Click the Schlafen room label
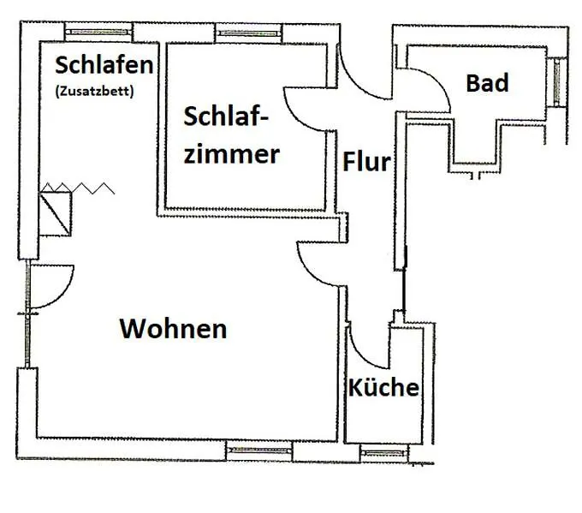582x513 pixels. point(104,65)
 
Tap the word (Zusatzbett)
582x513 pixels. point(94,91)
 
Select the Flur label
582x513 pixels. point(366,162)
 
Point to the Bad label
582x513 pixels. point(487,83)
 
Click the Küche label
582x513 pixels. point(383,387)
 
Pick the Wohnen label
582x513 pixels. point(173,329)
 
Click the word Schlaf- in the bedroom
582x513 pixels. point(226,116)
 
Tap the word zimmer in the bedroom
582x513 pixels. point(232,154)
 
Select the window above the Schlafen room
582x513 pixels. point(98,32)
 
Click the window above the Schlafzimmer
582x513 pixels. point(249,33)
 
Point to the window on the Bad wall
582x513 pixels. point(556,82)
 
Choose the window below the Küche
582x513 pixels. point(383,453)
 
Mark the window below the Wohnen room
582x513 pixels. point(259,450)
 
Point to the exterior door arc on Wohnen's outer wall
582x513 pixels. point(62,295)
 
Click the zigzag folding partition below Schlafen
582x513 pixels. point(77,188)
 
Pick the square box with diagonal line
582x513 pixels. point(55,213)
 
